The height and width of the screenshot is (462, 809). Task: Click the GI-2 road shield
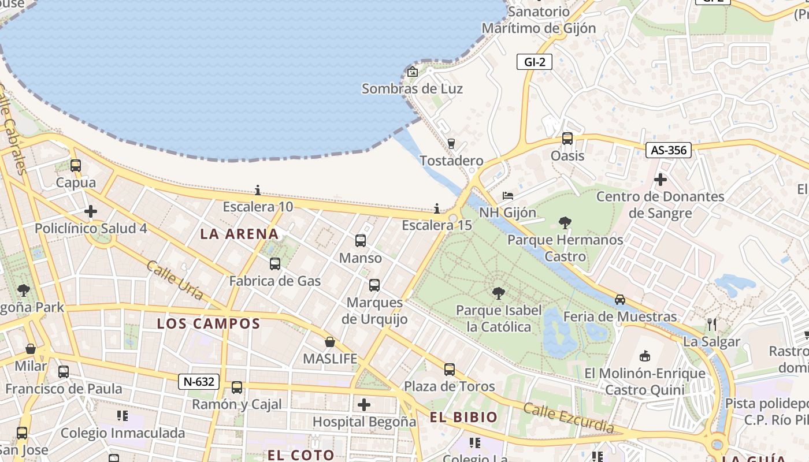535,62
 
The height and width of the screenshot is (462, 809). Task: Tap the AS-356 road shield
668,150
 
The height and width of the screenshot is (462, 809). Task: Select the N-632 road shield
199,382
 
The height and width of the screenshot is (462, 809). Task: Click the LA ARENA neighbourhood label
239,234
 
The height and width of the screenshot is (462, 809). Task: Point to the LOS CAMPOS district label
209,323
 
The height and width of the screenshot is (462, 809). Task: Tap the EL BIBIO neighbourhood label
463,417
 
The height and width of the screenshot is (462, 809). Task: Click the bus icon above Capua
76,166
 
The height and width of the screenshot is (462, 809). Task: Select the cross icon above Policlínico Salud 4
91,211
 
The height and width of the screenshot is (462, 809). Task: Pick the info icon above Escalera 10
258,190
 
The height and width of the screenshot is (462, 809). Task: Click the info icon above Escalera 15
437,208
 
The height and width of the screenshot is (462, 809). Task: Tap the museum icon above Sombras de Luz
413,72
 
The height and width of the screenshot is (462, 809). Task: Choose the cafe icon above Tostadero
451,144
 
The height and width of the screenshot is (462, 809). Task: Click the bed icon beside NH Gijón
508,196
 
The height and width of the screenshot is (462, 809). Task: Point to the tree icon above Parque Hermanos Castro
565,222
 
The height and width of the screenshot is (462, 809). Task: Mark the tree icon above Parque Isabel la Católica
498,293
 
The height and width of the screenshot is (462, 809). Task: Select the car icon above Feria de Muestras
620,299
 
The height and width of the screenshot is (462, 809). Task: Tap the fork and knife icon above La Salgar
712,325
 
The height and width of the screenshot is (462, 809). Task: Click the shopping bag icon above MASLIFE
330,342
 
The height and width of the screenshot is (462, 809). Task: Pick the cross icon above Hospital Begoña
364,405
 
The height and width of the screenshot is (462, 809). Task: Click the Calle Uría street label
175,280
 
